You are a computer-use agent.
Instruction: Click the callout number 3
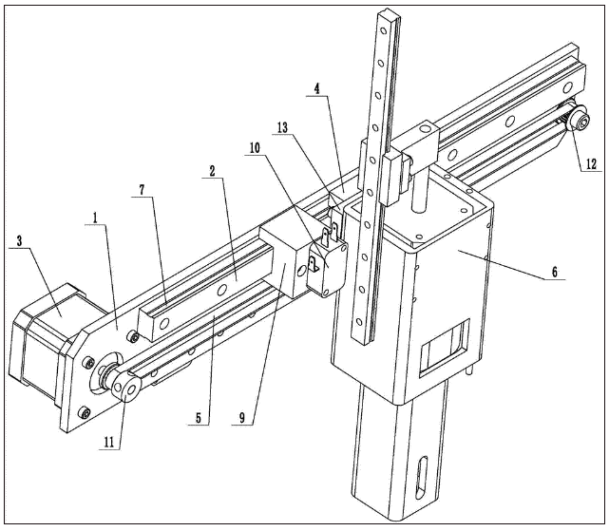tap(19, 241)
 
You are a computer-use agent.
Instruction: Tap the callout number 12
tap(591, 164)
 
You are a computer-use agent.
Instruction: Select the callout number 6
tap(554, 272)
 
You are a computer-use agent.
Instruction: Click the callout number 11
tap(109, 443)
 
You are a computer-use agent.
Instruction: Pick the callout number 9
tap(242, 418)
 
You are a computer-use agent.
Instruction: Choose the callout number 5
tap(199, 418)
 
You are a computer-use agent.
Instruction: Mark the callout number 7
tap(142, 190)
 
